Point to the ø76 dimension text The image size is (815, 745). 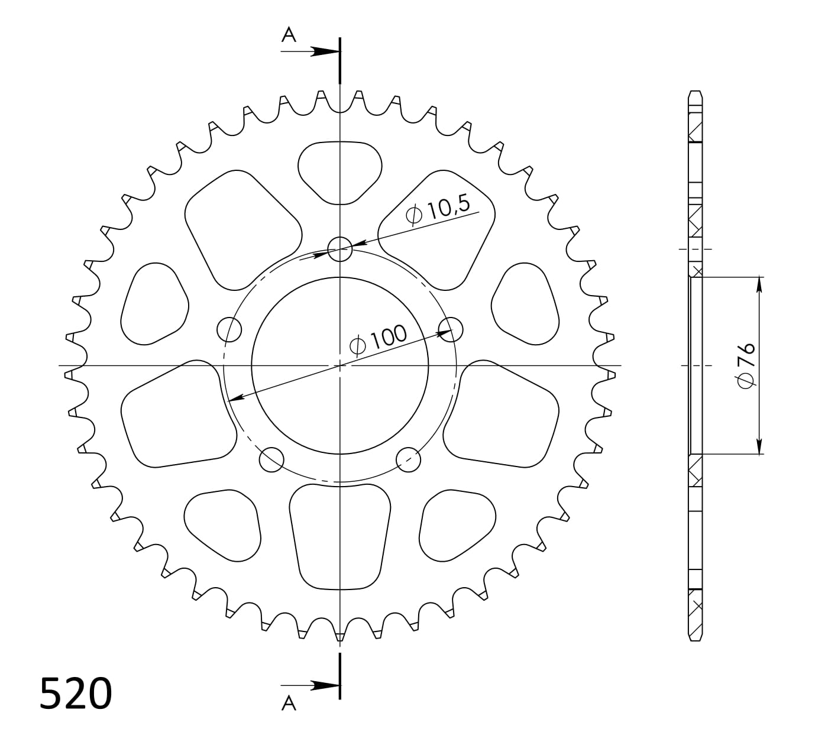[746, 365]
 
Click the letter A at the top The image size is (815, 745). [289, 35]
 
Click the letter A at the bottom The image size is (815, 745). [289, 703]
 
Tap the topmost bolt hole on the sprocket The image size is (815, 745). [340, 249]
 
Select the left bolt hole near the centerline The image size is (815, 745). [229, 329]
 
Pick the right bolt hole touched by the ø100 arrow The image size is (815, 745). [451, 329]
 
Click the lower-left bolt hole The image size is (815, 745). [272, 459]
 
